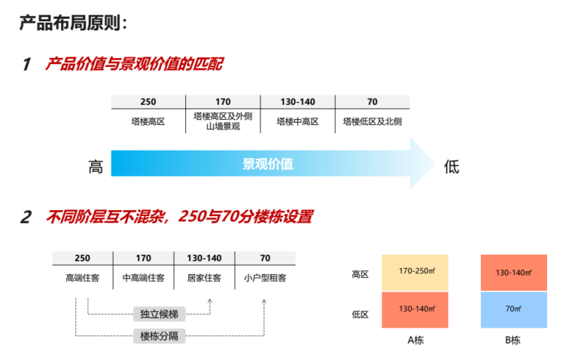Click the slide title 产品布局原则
click(73, 22)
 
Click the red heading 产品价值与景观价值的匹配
click(133, 64)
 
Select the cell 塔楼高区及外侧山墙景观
click(222, 121)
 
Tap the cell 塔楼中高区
click(297, 121)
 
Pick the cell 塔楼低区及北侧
click(372, 121)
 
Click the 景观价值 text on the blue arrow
click(267, 163)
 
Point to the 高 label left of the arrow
click(96, 166)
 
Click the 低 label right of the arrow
click(451, 166)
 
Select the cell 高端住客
click(82, 278)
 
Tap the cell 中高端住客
click(143, 278)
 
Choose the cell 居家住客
click(204, 278)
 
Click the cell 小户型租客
click(265, 278)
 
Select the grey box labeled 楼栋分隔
click(159, 335)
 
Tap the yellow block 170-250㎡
click(415, 271)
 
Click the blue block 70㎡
click(514, 309)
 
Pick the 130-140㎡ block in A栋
click(415, 309)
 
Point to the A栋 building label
click(415, 340)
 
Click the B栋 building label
click(513, 340)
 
